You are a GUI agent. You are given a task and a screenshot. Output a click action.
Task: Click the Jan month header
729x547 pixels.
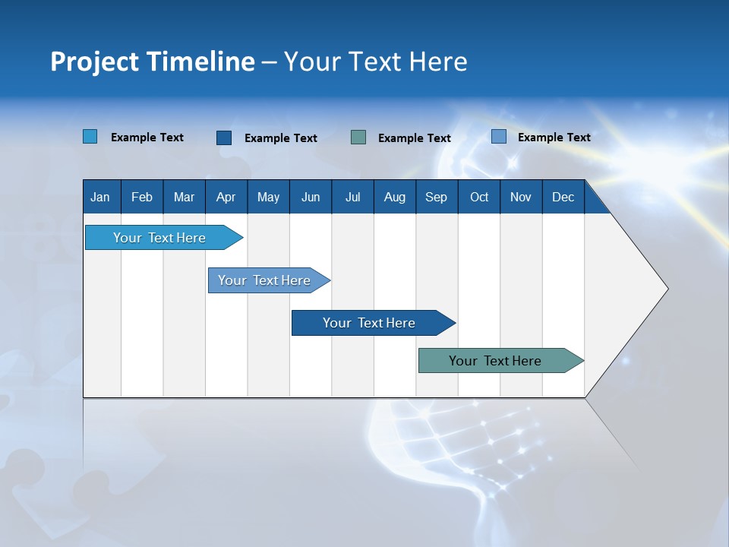pyautogui.click(x=100, y=197)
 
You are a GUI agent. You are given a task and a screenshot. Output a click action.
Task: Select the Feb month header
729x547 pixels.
pyautogui.click(x=142, y=197)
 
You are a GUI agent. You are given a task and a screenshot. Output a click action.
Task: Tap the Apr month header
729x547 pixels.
pyautogui.click(x=226, y=197)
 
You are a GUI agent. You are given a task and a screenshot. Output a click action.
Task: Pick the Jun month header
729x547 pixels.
pyautogui.click(x=311, y=197)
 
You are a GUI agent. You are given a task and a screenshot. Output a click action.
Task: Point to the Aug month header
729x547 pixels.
pyautogui.click(x=395, y=197)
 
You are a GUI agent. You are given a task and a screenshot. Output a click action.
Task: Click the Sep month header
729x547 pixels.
pyautogui.click(x=436, y=197)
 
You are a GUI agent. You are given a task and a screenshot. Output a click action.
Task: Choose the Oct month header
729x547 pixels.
pyautogui.click(x=479, y=197)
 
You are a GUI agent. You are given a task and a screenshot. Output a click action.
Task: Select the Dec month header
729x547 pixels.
pyautogui.click(x=563, y=197)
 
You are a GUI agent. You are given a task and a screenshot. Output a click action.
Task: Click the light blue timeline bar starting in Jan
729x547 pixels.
pyautogui.click(x=159, y=238)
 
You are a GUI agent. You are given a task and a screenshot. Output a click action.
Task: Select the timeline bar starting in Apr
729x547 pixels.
pyautogui.click(x=264, y=280)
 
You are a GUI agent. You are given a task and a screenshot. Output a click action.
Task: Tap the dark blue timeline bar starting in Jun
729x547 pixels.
pyautogui.click(x=369, y=323)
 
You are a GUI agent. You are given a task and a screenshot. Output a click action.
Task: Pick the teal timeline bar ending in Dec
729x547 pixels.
pyautogui.click(x=495, y=361)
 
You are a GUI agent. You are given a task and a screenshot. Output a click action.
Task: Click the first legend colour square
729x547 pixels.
pyautogui.click(x=90, y=137)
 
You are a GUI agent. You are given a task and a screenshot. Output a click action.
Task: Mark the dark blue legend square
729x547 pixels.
pyautogui.click(x=224, y=138)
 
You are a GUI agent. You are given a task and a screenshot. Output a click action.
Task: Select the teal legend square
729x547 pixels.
pyautogui.click(x=358, y=138)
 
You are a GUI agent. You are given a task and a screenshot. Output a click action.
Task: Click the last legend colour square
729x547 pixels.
pyautogui.click(x=499, y=137)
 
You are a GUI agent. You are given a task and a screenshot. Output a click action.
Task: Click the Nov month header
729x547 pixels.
pyautogui.click(x=521, y=197)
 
